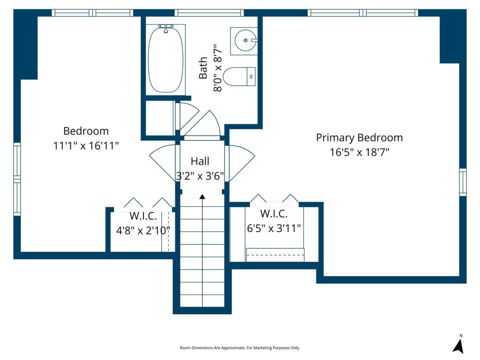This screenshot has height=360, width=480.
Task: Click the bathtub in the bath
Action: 166,60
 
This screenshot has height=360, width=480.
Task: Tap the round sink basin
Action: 245,40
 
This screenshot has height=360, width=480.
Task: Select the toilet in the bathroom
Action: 239,76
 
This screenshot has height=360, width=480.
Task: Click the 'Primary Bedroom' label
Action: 359,138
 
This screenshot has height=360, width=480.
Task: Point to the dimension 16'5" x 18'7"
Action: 359,152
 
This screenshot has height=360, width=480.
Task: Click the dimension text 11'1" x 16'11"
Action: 86,146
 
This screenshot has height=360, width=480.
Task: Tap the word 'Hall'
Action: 200,161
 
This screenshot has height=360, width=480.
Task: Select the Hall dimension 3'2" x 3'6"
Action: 200,176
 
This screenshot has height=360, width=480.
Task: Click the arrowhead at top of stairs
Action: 202,197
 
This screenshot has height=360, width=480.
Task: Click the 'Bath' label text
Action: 203,68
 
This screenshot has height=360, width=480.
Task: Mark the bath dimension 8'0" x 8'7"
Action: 218,68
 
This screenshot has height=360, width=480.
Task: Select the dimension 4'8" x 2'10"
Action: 143,230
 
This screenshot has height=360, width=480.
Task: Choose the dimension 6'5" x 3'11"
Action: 274,228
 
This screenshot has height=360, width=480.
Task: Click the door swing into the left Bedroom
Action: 162,163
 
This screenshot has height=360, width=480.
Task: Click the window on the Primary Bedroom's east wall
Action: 463,182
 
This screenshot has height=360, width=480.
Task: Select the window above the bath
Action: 209,13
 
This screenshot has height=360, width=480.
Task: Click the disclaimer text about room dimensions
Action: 240,348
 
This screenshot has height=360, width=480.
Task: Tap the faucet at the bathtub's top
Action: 166,28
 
